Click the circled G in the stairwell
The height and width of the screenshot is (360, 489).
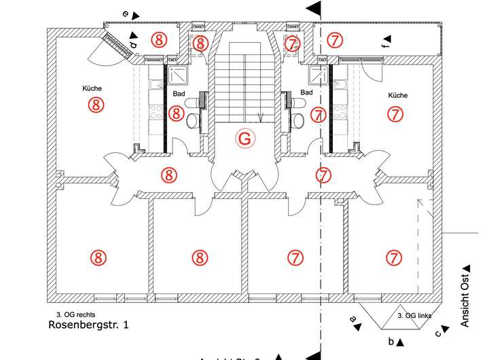pyautogui.click(x=245, y=139)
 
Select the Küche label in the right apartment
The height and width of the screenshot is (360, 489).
pyautogui.click(x=397, y=95)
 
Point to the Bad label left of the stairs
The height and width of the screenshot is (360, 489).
pyautogui.click(x=179, y=92)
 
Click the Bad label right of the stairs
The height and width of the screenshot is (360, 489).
pyautogui.click(x=307, y=92)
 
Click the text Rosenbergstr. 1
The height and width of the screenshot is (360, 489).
pyautogui.click(x=88, y=325)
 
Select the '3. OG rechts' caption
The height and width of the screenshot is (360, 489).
pyautogui.click(x=77, y=314)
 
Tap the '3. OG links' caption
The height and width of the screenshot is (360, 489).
pyautogui.click(x=415, y=316)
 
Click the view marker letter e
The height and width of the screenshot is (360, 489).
pyautogui.click(x=125, y=13)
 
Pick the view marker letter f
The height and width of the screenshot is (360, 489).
pyautogui.click(x=384, y=46)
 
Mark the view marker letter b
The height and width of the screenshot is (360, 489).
pyautogui.click(x=391, y=340)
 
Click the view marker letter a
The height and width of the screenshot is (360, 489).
pyautogui.click(x=352, y=318)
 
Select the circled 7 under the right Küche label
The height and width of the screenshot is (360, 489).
pyautogui.click(x=394, y=113)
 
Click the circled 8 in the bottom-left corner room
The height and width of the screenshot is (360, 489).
pyautogui.click(x=98, y=257)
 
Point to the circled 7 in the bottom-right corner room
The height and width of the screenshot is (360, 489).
pyautogui.click(x=394, y=257)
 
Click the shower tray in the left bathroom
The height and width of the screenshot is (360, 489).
pyautogui.click(x=179, y=74)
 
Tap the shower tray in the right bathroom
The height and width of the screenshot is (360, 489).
pyautogui.click(x=318, y=74)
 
